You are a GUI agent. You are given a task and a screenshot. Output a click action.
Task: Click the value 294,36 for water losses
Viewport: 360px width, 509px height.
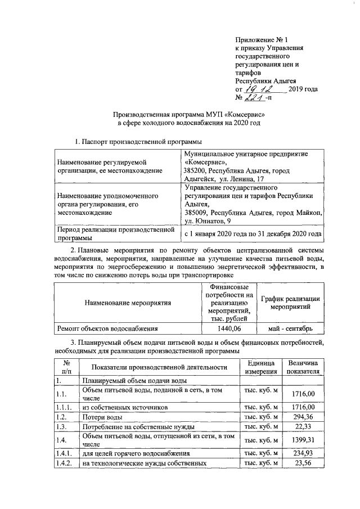point(303,417)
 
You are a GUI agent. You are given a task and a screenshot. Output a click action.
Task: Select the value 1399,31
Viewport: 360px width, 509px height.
point(303,440)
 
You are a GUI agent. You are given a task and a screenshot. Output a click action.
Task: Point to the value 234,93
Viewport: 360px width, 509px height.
point(303,452)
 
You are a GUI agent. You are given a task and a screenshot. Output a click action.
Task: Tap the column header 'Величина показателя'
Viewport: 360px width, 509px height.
point(303,367)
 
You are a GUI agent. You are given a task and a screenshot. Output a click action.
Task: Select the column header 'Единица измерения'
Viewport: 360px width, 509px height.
point(260,367)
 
